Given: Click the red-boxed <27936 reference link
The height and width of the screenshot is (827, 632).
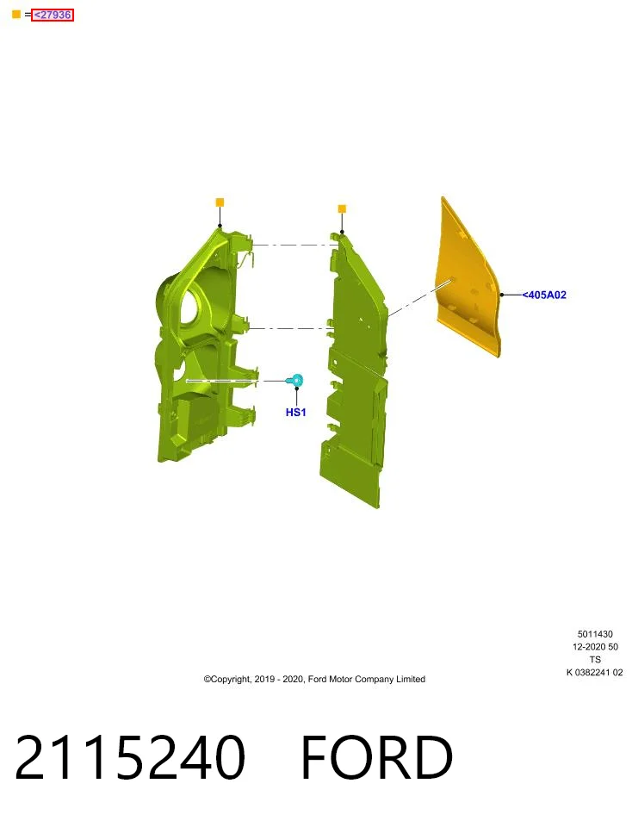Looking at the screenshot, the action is click(53, 15).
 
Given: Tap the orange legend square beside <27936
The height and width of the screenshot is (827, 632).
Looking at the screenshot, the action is click(16, 15).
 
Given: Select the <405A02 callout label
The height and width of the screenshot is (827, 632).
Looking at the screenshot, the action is click(544, 295).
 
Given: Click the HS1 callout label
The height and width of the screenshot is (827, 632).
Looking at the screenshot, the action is click(295, 413).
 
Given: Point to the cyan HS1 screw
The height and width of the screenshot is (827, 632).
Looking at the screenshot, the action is click(295, 380).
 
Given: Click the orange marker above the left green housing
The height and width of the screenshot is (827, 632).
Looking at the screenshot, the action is click(220, 202).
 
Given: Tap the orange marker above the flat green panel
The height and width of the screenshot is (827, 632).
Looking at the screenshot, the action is click(342, 209).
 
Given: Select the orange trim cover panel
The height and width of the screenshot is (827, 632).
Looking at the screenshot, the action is click(468, 279).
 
